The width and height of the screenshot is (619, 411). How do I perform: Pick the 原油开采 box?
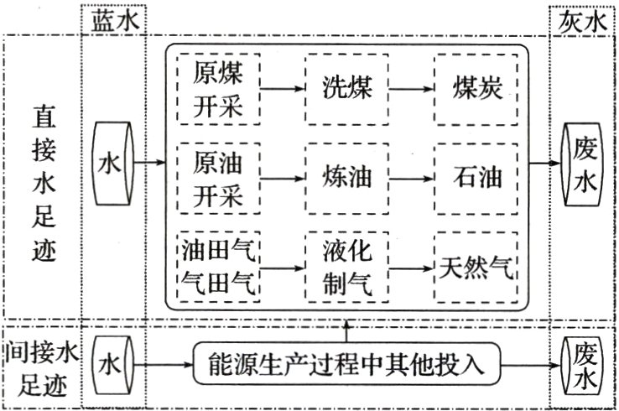coord(217,177)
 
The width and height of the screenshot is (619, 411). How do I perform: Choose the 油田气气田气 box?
coord(217,267)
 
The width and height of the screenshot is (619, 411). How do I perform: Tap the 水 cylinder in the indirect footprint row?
coord(113,365)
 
